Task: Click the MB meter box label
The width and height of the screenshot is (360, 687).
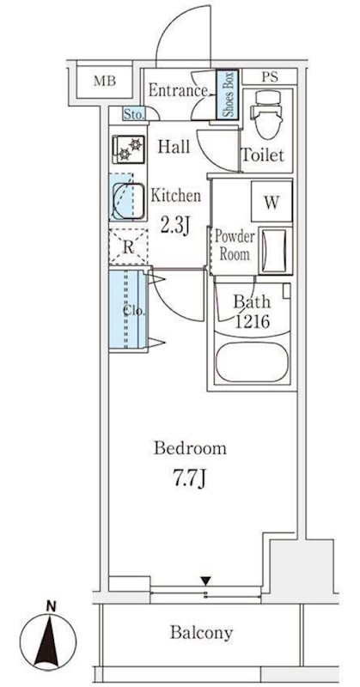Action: pyautogui.click(x=105, y=81)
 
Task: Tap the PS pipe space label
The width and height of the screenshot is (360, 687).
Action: pyautogui.click(x=270, y=77)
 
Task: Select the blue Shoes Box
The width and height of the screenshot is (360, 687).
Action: pyautogui.click(x=228, y=95)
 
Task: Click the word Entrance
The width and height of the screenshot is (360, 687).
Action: pyautogui.click(x=178, y=91)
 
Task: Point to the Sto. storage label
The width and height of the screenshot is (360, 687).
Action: pyautogui.click(x=133, y=115)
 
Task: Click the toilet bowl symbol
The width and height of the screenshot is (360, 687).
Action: pyautogui.click(x=267, y=113)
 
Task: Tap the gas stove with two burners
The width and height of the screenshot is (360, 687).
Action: pyautogui.click(x=128, y=149)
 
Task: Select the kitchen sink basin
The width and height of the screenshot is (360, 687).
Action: pyautogui.click(x=128, y=201)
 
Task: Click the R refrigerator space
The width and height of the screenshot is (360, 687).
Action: pyautogui.click(x=128, y=247)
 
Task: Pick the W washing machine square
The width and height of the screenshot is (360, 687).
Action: pyautogui.click(x=272, y=202)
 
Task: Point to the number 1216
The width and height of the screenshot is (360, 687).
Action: pyautogui.click(x=251, y=323)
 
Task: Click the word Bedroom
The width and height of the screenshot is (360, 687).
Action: pyautogui.click(x=190, y=448)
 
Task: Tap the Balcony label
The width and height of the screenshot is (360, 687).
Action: pyautogui.click(x=201, y=633)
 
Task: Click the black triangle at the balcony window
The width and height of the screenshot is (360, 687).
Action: pyautogui.click(x=205, y=581)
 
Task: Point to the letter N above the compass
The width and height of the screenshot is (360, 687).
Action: pyautogui.click(x=52, y=607)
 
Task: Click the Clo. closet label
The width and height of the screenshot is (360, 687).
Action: pyautogui.click(x=134, y=311)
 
